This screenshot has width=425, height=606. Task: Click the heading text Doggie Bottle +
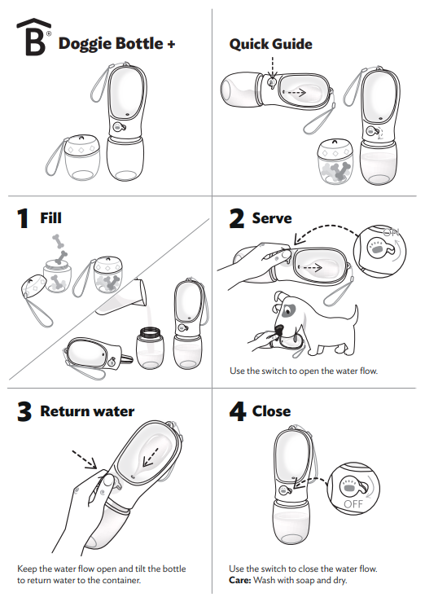point(116,43)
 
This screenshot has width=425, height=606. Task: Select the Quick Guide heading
point(270,44)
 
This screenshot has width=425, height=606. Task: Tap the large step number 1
point(24,219)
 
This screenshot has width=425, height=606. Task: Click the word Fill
point(50,218)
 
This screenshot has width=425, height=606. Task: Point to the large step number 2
point(237,219)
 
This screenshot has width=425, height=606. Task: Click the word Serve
point(272,218)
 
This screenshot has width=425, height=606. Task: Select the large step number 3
point(25,412)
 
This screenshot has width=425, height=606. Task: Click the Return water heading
point(87,411)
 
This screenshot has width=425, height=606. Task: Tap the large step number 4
point(237,412)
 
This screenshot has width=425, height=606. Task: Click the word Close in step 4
point(271,411)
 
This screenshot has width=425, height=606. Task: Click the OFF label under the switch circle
point(353,504)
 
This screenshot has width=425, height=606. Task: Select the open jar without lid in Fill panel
point(148,345)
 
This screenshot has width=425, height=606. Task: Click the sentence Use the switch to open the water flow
point(304,372)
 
